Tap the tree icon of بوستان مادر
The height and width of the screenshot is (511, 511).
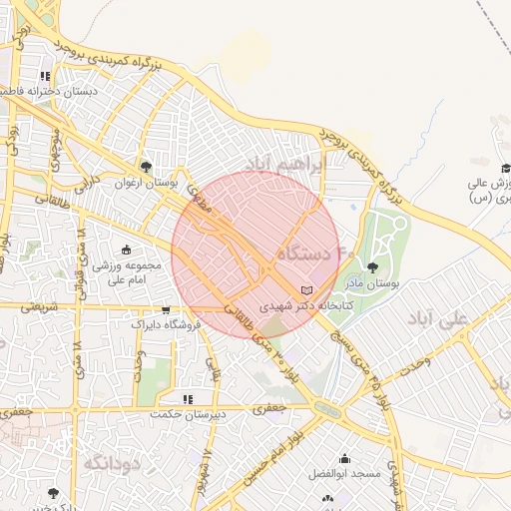tap(372, 267)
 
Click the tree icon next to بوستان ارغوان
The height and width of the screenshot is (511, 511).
tap(147, 167)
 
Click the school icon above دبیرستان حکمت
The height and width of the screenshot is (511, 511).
tap(188, 398)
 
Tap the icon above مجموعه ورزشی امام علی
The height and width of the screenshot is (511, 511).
tap(126, 251)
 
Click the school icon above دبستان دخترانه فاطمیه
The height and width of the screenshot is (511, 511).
tap(45, 75)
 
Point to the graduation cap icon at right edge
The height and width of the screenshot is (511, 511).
tap(505, 168)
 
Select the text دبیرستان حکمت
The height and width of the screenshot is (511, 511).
tap(188, 413)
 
